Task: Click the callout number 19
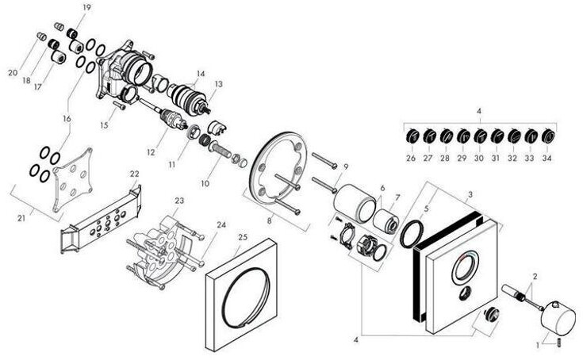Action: pyautogui.click(x=86, y=7)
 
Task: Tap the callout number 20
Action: pyautogui.click(x=13, y=72)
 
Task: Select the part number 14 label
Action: pyautogui.click(x=201, y=74)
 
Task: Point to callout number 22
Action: pyautogui.click(x=135, y=174)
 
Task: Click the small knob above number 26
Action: pyautogui.click(x=411, y=137)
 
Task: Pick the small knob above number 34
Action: pyautogui.click(x=547, y=137)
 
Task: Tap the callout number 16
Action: pyautogui.click(x=67, y=119)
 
